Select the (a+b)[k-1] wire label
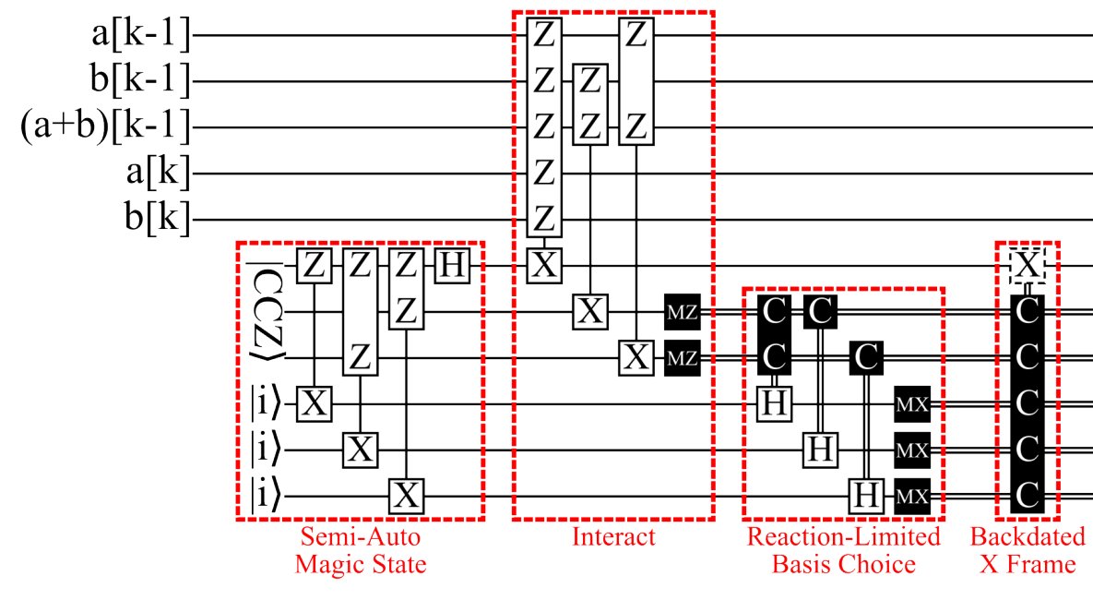coord(105,127)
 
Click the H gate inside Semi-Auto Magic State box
coord(452,266)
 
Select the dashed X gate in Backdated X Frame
coord(1027,266)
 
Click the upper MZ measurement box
coord(682,313)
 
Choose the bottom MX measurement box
coord(912,497)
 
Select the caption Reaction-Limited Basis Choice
coord(843,550)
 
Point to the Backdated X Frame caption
coord(1027,550)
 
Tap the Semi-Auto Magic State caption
coord(360,550)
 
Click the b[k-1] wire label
coord(139,81)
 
